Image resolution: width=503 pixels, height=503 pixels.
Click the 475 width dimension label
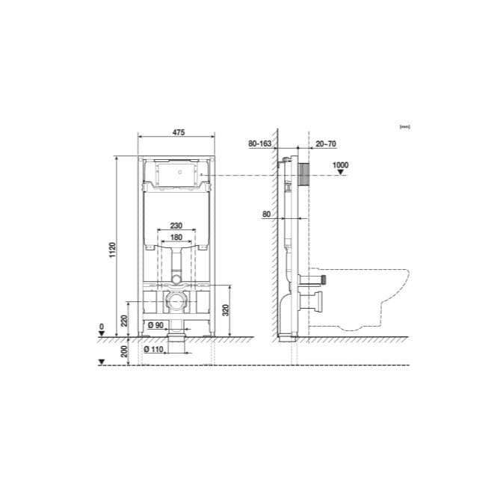point(178,132)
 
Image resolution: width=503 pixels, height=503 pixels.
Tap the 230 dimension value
point(176,226)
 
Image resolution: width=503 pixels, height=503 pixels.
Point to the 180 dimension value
point(176,237)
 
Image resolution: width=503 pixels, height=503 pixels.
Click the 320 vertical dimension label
point(226,310)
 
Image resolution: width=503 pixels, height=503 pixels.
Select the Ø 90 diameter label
point(155,324)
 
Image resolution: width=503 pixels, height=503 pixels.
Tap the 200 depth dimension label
point(124,350)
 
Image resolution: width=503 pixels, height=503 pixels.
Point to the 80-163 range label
point(259,143)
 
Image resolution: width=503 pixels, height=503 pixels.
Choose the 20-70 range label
point(326,143)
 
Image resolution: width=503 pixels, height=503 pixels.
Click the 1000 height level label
point(341,164)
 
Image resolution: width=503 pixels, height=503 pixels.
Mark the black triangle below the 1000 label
point(341,173)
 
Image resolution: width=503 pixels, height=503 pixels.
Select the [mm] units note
point(405,127)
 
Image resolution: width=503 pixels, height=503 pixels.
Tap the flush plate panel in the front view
point(176,175)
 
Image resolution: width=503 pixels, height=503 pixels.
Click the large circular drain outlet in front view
point(176,303)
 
